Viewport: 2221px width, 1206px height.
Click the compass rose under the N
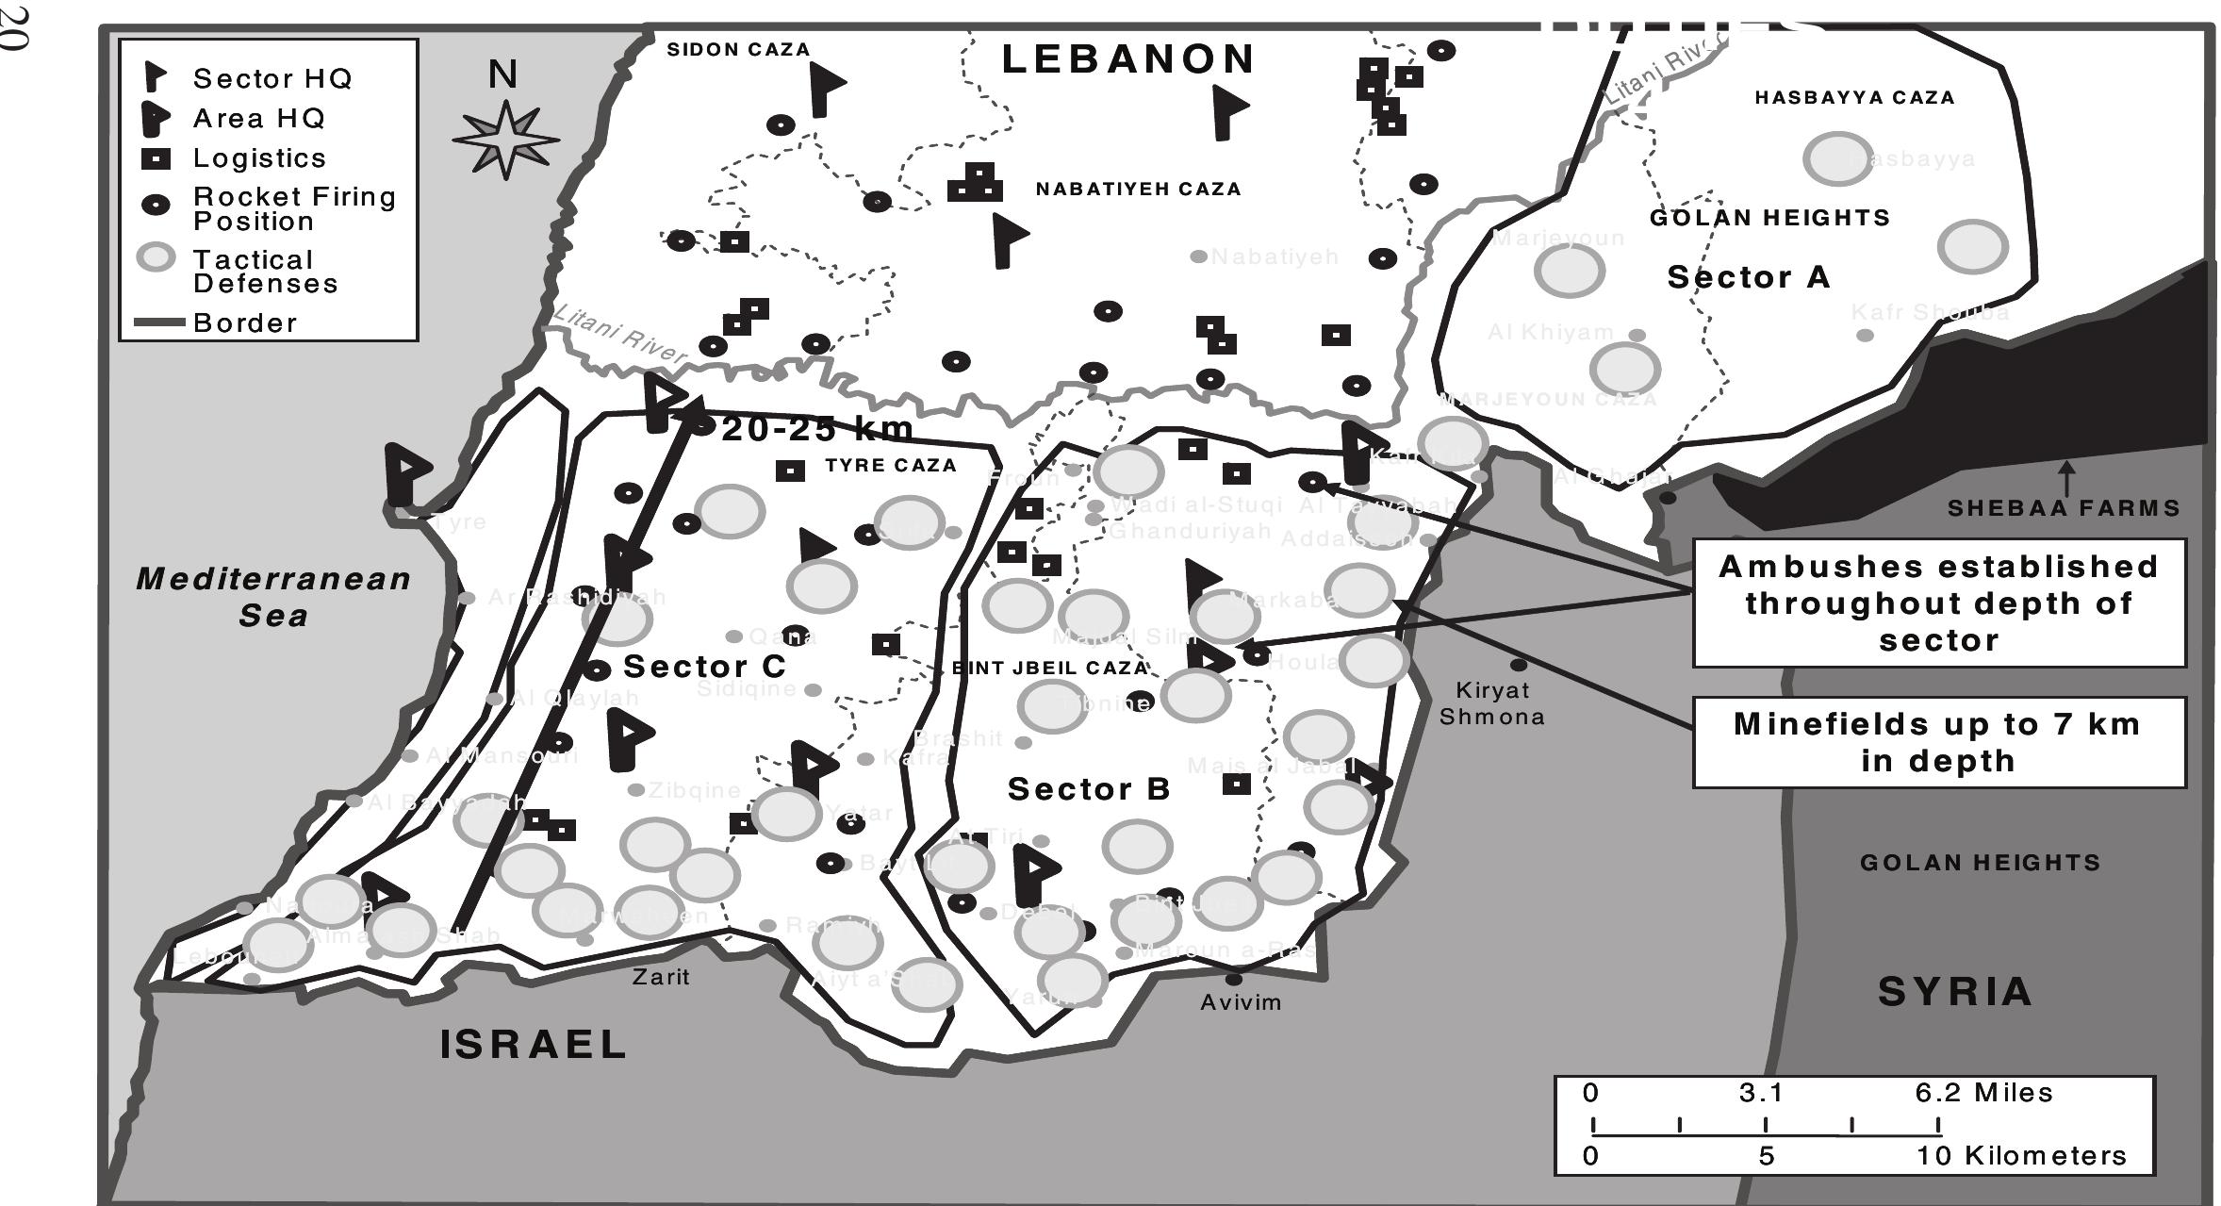click(x=506, y=140)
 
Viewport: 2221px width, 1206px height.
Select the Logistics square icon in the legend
click(x=156, y=158)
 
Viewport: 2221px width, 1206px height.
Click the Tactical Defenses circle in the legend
click(x=156, y=257)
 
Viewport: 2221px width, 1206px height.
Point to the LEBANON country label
click(x=1128, y=59)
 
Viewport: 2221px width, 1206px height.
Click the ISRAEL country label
click(x=534, y=1045)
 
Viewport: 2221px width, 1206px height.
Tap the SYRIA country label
click(x=1955, y=992)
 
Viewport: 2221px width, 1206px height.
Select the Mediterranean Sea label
click(x=273, y=596)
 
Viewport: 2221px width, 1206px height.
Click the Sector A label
click(x=1749, y=277)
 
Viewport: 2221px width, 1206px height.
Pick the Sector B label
click(x=1089, y=788)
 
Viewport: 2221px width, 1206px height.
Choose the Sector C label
click(x=704, y=667)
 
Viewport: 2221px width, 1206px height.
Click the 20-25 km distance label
click(x=817, y=430)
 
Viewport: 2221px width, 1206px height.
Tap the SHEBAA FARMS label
click(x=2064, y=508)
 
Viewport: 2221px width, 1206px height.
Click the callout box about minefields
click(x=1938, y=742)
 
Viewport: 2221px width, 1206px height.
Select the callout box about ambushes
click(x=1938, y=603)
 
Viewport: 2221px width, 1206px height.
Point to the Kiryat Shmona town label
click(x=1492, y=703)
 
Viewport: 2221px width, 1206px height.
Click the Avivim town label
click(x=1241, y=1002)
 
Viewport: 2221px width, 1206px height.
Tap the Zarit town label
click(x=661, y=977)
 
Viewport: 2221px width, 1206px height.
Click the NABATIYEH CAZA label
click(x=1138, y=189)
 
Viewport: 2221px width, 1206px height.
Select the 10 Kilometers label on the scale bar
click(x=2021, y=1155)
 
